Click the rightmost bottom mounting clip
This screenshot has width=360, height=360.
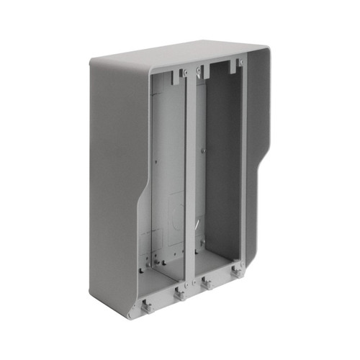[236, 272]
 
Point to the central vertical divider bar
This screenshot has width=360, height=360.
[191, 180]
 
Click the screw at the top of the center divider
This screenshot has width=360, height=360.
[185, 72]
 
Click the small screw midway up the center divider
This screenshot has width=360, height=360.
[202, 150]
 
